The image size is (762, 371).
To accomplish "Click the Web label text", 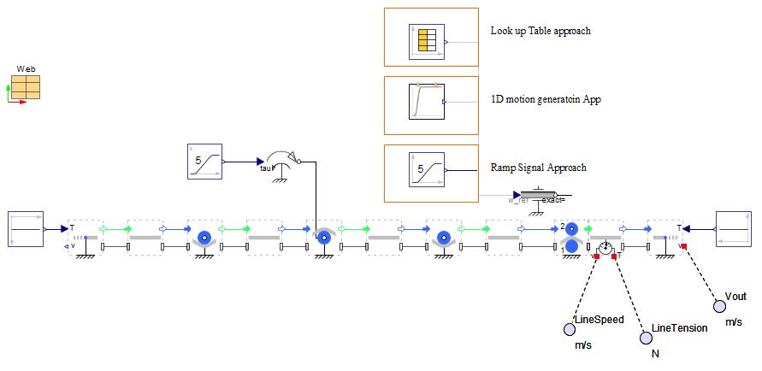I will [26, 68].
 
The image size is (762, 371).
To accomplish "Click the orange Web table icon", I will [26, 87].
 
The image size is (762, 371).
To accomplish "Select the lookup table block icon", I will [425, 40].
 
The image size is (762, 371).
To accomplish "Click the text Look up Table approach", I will [540, 31].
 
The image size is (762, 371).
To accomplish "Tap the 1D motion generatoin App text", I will [546, 99].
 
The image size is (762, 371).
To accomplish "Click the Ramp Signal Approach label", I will [538, 168].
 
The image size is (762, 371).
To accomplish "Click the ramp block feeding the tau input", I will [204, 161].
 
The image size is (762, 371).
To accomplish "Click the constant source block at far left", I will [25, 228].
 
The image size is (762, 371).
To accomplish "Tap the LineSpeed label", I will [600, 320].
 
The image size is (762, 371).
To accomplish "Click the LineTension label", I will [679, 327].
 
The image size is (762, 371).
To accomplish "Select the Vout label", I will [735, 296].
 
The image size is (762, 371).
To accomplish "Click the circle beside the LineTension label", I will [647, 338].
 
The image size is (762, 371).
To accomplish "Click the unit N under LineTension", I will [656, 353].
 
